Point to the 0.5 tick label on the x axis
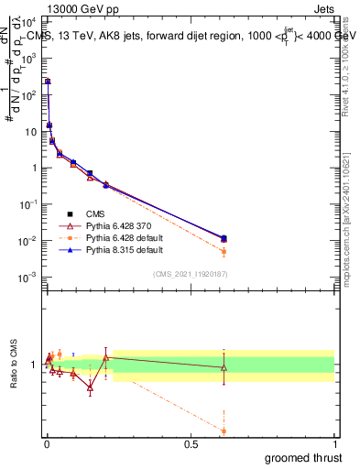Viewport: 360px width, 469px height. click(x=191, y=444)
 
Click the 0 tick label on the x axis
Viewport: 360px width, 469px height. click(x=47, y=444)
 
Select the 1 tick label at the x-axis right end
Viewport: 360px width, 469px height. click(x=334, y=444)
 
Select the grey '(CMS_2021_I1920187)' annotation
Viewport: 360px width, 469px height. click(x=191, y=274)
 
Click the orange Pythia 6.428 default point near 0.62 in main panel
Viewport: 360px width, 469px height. click(x=224, y=251)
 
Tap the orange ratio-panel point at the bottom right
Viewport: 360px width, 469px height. click(x=224, y=431)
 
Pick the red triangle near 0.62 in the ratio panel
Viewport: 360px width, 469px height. click(x=224, y=367)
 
